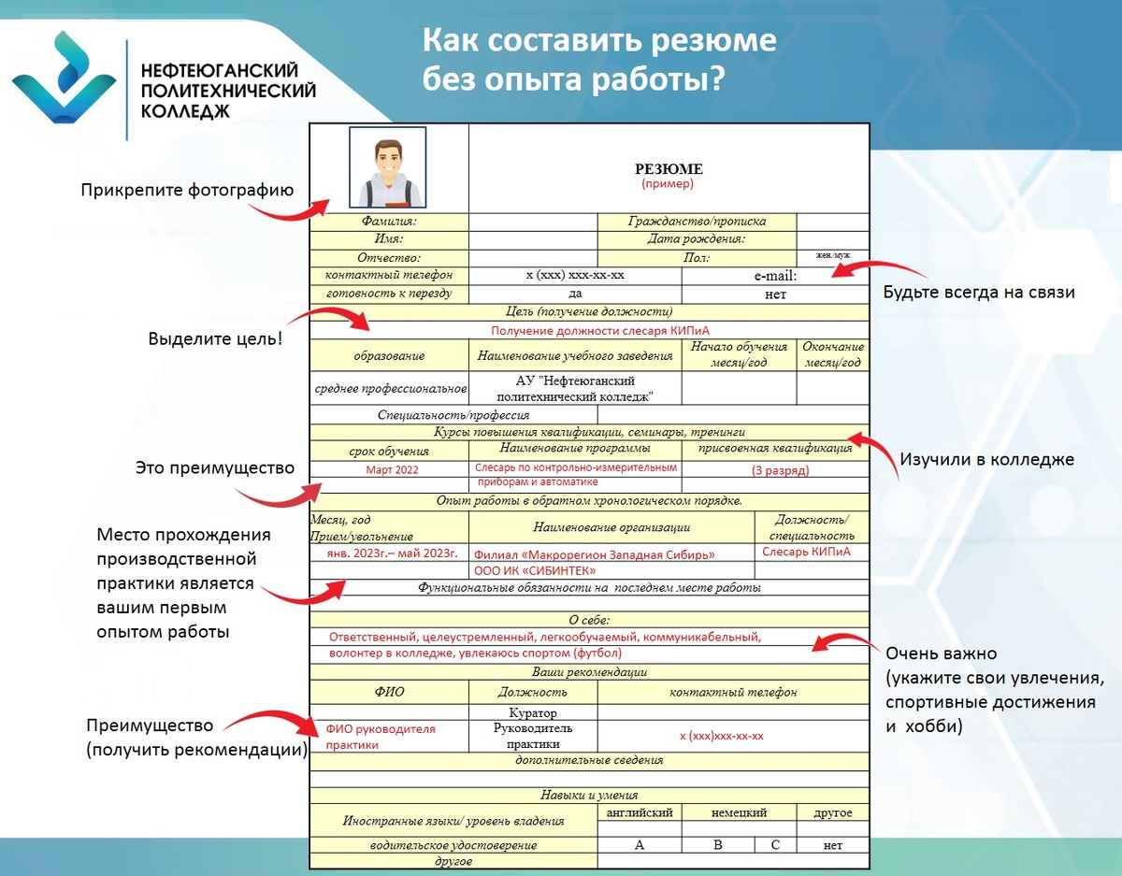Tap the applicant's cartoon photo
[388, 167]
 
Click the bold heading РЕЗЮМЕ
[669, 169]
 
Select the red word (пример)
[668, 184]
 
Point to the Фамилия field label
[389, 222]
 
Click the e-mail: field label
[775, 276]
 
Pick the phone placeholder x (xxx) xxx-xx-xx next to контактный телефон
[575, 276]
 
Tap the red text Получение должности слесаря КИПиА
[588, 330]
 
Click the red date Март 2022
[393, 469]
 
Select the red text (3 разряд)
[781, 470]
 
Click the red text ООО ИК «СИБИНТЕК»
[536, 570]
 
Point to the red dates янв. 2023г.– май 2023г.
[392, 553]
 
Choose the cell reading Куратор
[532, 712]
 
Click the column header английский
[640, 812]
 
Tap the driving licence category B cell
[718, 845]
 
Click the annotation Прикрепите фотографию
[187, 191]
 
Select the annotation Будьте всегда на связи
[979, 293]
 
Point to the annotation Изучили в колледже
[986, 459]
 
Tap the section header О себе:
[589, 620]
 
